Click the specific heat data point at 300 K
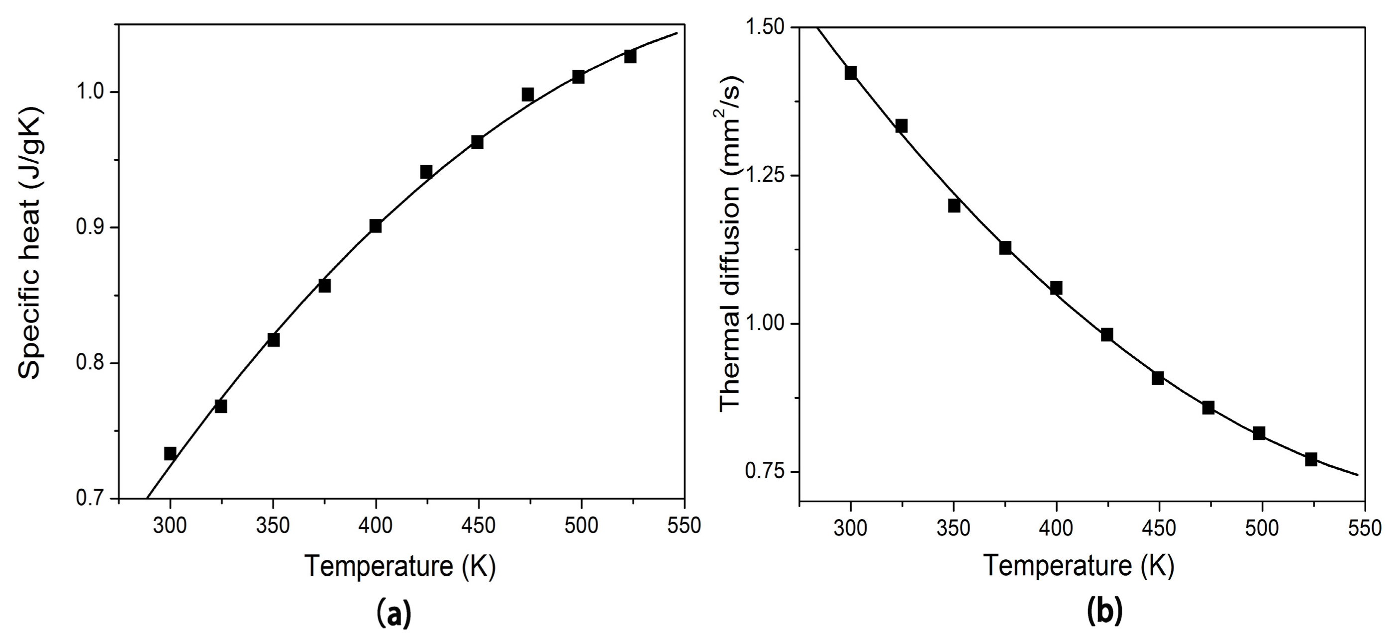click(x=170, y=453)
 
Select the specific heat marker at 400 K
click(x=375, y=226)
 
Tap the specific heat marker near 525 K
click(x=630, y=56)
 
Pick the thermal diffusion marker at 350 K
click(x=954, y=206)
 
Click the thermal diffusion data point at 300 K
click(x=851, y=73)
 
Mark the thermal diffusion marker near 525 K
click(x=1311, y=459)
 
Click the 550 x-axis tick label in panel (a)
click(x=684, y=526)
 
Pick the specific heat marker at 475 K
click(x=528, y=95)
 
